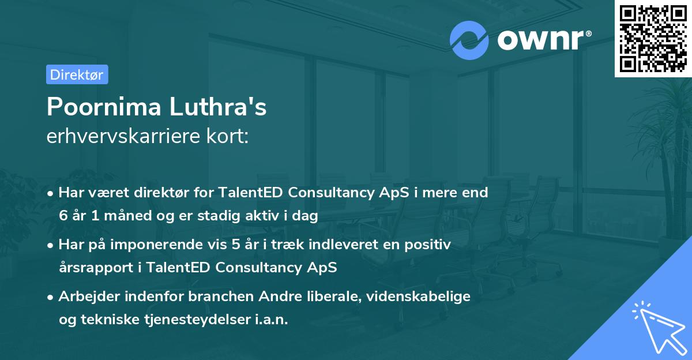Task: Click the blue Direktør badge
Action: [77, 74]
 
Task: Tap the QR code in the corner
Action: [653, 39]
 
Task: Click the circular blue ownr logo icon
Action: [469, 40]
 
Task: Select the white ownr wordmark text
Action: [544, 40]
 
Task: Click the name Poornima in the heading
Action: [104, 107]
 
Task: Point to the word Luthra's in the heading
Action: [218, 107]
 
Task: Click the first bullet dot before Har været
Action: [50, 194]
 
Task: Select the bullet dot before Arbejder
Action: [50, 298]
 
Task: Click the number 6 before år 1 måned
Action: [63, 215]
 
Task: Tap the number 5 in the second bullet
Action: [236, 245]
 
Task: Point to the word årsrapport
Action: [96, 268]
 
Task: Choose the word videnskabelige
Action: [418, 297]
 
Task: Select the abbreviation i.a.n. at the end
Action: [272, 319]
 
